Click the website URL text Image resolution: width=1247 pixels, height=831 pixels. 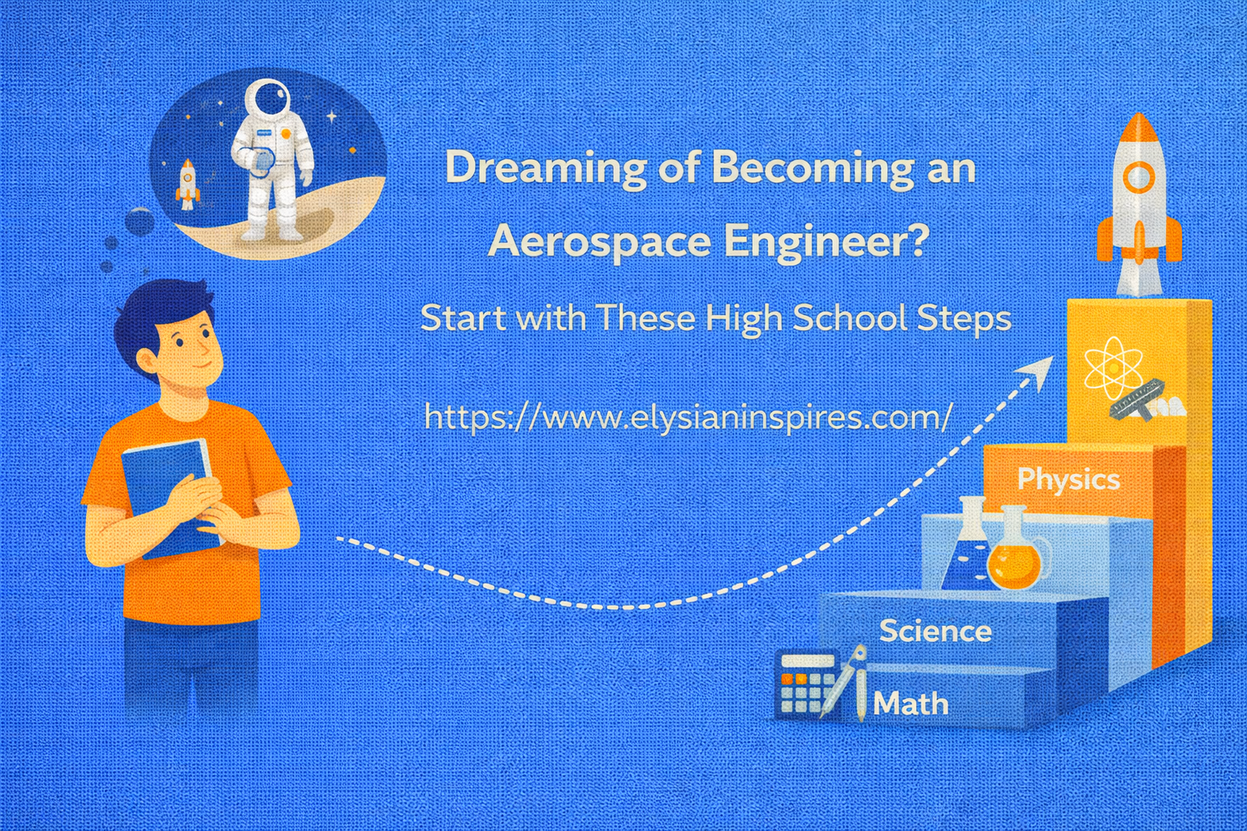click(688, 417)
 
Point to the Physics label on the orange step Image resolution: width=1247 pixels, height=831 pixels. click(1068, 479)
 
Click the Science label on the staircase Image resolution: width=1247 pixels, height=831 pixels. click(935, 631)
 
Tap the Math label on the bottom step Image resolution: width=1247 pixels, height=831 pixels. click(911, 704)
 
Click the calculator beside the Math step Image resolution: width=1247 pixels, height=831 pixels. click(804, 684)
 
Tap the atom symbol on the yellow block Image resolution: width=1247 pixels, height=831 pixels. click(1113, 368)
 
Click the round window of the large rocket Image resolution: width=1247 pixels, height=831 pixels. click(1138, 176)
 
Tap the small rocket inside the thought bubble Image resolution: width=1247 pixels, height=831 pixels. click(188, 183)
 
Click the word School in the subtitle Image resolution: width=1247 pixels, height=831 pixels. click(850, 317)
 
